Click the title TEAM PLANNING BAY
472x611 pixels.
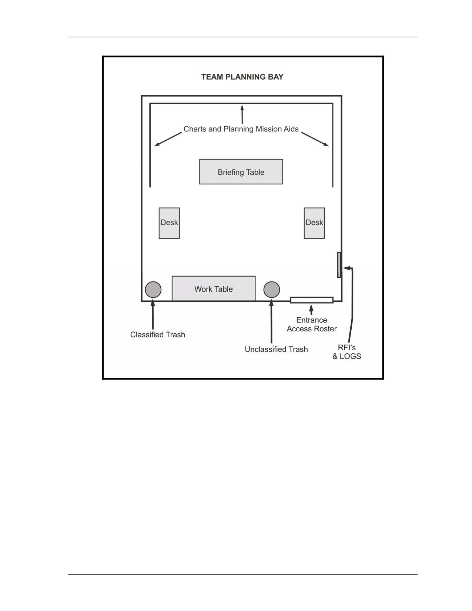click(242, 77)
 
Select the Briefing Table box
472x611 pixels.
click(241, 172)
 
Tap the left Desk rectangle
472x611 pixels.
click(169, 223)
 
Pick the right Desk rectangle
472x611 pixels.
click(314, 223)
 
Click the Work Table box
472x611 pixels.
click(214, 288)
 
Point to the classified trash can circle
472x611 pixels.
click(153, 290)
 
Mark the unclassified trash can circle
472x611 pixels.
click(272, 290)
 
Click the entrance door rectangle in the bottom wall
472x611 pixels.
click(312, 300)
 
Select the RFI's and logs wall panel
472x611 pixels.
click(339, 265)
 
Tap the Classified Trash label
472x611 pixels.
click(157, 335)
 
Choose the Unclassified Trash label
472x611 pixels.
click(276, 349)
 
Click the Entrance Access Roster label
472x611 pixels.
click(311, 324)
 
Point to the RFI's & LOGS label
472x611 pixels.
click(347, 352)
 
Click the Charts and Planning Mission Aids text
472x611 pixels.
click(241, 129)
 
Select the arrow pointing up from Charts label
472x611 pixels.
click(242, 114)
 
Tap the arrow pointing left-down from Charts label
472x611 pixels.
click(168, 139)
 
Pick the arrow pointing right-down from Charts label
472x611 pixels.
click(315, 139)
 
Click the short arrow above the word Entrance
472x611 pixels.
click(311, 309)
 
